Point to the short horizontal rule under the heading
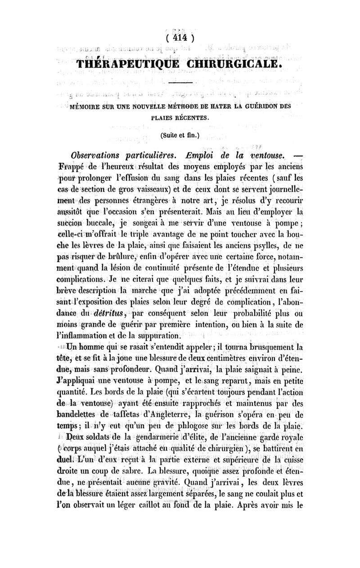coord(180,83)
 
